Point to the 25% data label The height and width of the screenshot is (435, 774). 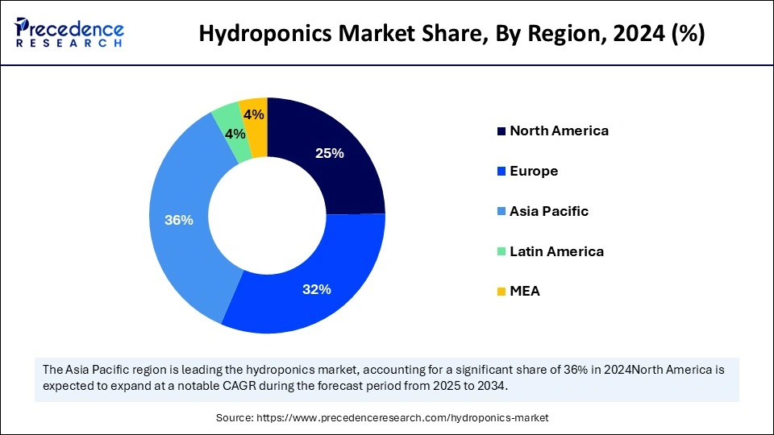click(x=330, y=153)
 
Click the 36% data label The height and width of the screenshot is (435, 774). click(x=178, y=220)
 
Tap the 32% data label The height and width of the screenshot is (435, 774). click(x=317, y=289)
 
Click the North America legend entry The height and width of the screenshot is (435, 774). click(x=559, y=130)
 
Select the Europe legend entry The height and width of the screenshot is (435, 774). click(x=534, y=171)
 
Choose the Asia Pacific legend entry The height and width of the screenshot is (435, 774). click(x=549, y=211)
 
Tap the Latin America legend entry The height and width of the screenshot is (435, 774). click(x=556, y=251)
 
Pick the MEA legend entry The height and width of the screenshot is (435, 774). click(x=525, y=292)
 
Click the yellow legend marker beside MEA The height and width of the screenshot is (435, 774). click(x=501, y=292)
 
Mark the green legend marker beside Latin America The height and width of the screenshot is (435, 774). click(x=501, y=251)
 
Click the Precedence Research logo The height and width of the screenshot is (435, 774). click(x=69, y=33)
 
